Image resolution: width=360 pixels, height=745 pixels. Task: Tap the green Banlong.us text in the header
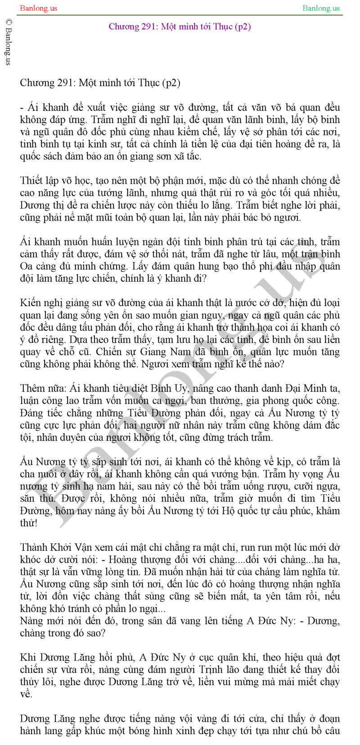point(321,8)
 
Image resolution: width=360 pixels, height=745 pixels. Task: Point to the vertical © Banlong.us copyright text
point(8,42)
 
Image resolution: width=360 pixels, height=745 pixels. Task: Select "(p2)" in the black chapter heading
point(171,83)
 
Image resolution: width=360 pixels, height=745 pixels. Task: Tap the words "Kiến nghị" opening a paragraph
point(38,303)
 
